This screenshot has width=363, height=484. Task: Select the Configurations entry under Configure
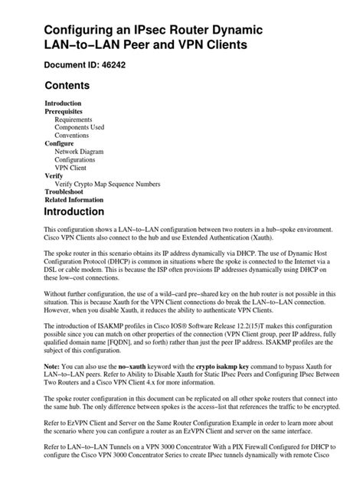pos(79,160)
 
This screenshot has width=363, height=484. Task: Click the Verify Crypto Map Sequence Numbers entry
pos(107,184)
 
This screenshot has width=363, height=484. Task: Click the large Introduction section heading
pos(84,212)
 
